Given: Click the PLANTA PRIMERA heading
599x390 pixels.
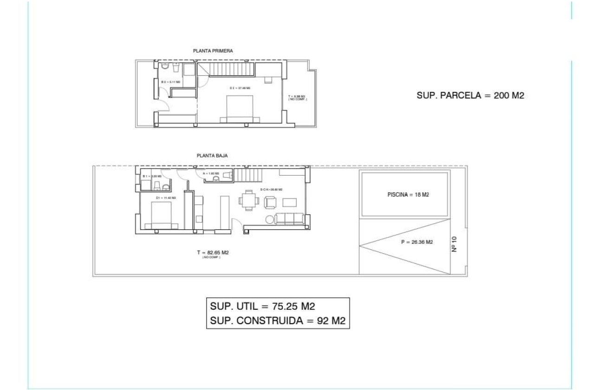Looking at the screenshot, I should pos(213,51).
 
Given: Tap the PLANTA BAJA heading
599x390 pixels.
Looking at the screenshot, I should pos(212,156).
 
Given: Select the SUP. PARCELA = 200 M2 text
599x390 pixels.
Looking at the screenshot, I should pos(470,96).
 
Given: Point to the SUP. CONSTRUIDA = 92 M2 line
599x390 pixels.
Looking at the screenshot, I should pos(278,320).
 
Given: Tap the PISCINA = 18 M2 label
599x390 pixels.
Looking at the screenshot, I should pos(408,195).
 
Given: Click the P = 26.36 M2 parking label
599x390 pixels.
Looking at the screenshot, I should pos(417,242).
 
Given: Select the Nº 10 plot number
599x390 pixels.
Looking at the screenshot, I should pos(455,244).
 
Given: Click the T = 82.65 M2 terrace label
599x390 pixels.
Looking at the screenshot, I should pos(212,253).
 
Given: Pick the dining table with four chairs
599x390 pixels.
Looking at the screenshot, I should pos(247,201).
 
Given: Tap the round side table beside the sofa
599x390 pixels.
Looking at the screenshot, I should pos(270,219).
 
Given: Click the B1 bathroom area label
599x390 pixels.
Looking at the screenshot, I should pos(152,176).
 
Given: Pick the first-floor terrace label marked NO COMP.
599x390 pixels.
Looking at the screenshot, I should pos(298,98).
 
